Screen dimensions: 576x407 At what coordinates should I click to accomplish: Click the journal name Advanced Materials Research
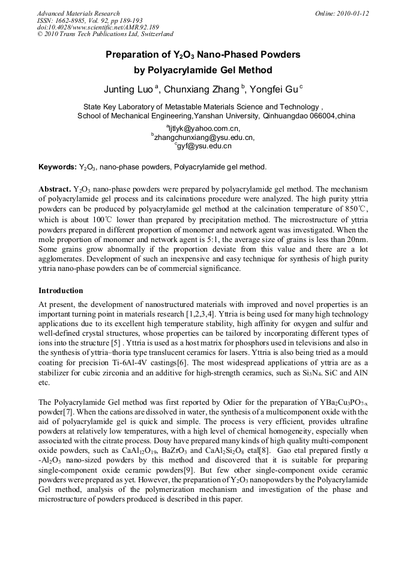pos(78,13)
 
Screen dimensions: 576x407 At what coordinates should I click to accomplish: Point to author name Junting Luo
pos(128,90)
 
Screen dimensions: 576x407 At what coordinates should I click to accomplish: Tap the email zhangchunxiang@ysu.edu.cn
pos(204,137)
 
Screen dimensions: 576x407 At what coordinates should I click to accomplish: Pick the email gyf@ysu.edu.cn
pos(204,146)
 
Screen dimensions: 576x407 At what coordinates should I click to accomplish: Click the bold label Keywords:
pos(57,166)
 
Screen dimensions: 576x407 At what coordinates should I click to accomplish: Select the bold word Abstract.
pos(54,189)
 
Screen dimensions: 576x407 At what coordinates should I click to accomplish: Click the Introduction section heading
pos(61,290)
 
